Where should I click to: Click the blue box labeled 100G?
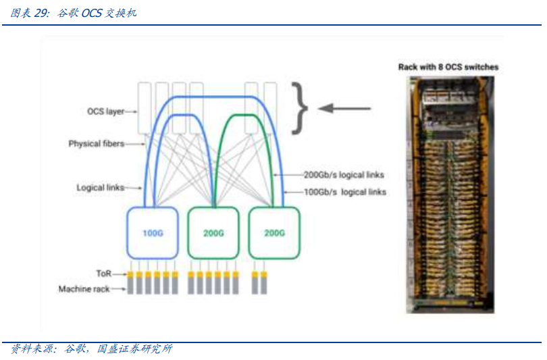tap(153, 234)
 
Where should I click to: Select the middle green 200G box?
tap(213, 234)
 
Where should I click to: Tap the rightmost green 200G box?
tap(273, 234)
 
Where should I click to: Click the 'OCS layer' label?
tap(106, 111)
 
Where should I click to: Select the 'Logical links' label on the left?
tap(100, 188)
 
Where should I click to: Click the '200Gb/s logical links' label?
tap(344, 175)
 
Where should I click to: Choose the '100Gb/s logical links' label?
tap(344, 192)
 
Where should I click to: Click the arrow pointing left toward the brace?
tap(344, 108)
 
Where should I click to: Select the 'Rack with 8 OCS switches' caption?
tap(448, 67)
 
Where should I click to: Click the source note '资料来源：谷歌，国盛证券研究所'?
tap(92, 349)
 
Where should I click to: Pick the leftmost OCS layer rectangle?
tap(145, 108)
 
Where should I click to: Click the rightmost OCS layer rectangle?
tap(270, 108)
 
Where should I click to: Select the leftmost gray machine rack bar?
tap(130, 286)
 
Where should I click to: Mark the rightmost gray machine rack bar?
tap(265, 286)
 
